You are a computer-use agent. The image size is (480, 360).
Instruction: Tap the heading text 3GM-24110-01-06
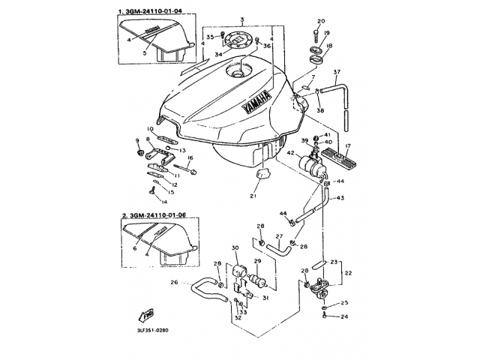click(x=157, y=215)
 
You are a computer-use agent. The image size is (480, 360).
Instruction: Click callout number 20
click(x=321, y=20)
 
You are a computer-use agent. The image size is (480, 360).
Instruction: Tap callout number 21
click(x=253, y=196)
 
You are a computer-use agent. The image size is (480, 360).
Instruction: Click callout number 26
click(x=175, y=283)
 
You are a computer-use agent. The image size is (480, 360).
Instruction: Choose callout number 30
click(x=235, y=248)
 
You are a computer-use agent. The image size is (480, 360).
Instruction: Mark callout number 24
click(x=345, y=317)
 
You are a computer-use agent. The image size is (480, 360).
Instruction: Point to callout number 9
click(x=138, y=141)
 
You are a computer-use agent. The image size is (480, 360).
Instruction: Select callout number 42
click(x=289, y=154)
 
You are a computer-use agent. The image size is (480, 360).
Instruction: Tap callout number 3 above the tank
click(x=241, y=16)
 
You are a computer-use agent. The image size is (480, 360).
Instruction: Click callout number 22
click(x=348, y=273)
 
